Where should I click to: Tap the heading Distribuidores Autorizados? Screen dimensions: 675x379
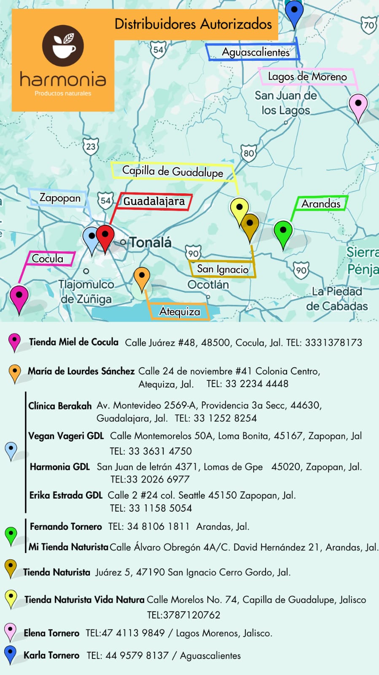pos(193,24)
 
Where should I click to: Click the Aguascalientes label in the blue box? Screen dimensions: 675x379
pos(255,52)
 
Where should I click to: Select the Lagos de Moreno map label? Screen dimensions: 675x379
pos(307,77)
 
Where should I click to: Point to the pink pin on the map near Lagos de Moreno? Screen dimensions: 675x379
pos(358,105)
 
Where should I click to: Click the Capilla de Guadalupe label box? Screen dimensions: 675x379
pos(172,171)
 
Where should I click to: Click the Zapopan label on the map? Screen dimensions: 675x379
pos(60,198)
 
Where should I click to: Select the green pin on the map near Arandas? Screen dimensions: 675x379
pos(283,232)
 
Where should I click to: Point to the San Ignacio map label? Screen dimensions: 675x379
pos(223,269)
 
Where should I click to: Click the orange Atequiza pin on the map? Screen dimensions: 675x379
pos(142,277)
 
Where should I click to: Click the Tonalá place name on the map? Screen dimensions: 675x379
pos(150,242)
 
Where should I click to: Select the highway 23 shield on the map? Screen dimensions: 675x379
pos(91,147)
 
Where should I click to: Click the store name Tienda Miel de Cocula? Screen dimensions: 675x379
pos(74,342)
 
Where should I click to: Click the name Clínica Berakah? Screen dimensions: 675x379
pos(60,406)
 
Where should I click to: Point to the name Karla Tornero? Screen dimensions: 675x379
pos(51,655)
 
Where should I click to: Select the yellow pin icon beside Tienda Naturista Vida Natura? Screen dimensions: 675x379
pos(11,599)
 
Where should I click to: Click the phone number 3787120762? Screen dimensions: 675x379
pos(183,615)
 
